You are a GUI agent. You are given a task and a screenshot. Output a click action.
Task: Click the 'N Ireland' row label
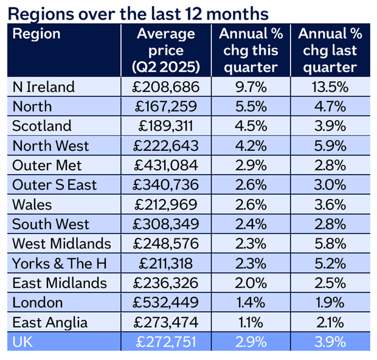tap(44, 87)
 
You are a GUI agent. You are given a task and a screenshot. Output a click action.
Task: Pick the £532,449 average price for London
tap(166, 303)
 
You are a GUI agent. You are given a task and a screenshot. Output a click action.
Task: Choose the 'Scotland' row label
tap(42, 126)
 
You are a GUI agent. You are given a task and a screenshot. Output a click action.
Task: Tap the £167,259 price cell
tap(166, 106)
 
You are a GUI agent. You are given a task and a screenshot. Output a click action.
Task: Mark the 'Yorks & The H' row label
tap(55, 263)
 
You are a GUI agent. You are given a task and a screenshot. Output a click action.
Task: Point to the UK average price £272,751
tap(166, 342)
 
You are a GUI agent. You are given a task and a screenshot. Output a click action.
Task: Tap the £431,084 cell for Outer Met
tap(166, 165)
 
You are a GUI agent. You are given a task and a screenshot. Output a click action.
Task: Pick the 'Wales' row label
tap(32, 204)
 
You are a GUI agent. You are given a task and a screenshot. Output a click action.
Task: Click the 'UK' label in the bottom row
tap(23, 342)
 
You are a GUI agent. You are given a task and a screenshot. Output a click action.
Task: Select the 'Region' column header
tap(36, 34)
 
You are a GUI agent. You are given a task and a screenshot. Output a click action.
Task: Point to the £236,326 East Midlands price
tap(166, 283)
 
